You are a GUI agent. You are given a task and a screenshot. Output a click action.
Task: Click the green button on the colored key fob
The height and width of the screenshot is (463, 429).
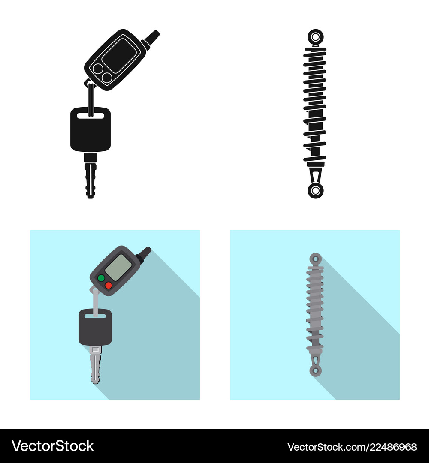[x=101, y=278]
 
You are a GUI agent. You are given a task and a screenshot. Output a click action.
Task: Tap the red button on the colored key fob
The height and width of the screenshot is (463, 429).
[x=109, y=285]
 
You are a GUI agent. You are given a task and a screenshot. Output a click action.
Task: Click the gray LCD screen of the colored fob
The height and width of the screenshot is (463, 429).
[x=118, y=268]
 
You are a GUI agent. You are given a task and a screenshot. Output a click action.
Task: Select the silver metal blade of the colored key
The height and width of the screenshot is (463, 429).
[x=95, y=364]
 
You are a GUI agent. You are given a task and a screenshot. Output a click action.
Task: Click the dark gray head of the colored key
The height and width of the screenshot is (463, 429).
[x=95, y=327]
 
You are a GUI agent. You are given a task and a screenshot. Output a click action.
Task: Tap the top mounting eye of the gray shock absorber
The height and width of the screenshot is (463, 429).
[x=316, y=259]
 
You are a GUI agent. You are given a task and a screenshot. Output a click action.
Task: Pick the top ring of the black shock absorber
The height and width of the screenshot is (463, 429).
[x=316, y=37]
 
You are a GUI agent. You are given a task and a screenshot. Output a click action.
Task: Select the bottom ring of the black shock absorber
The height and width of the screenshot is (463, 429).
[x=316, y=190]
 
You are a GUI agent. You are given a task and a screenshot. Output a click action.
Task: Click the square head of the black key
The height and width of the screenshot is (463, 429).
[x=91, y=129]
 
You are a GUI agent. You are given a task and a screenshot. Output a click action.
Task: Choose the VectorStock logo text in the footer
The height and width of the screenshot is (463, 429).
[x=53, y=446]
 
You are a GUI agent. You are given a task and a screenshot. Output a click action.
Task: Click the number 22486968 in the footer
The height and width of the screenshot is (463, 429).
[x=393, y=447]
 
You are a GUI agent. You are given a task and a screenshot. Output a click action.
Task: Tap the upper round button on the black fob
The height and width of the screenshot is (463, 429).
[x=98, y=69]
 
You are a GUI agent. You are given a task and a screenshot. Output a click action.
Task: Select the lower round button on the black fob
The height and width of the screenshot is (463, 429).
[x=107, y=78]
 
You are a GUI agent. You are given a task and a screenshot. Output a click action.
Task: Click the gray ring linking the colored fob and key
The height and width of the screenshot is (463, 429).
[x=95, y=301]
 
